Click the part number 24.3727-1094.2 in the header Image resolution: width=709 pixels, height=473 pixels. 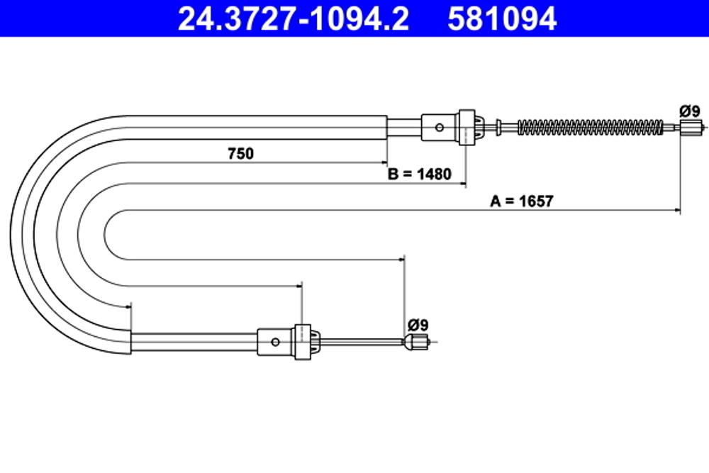293,19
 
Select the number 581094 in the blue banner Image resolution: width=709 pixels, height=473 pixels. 502,19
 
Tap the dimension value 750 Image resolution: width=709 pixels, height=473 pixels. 240,153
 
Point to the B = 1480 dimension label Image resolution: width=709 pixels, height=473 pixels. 419,174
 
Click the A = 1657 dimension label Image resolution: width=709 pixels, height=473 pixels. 522,201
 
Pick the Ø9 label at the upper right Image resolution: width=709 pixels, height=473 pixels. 689,111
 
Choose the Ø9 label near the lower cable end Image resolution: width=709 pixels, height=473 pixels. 418,325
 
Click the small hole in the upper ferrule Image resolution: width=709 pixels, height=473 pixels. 440,128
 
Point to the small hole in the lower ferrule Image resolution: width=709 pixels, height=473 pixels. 275,342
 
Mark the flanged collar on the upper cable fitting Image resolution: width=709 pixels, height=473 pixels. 467,127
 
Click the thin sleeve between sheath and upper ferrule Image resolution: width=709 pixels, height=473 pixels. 404,128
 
